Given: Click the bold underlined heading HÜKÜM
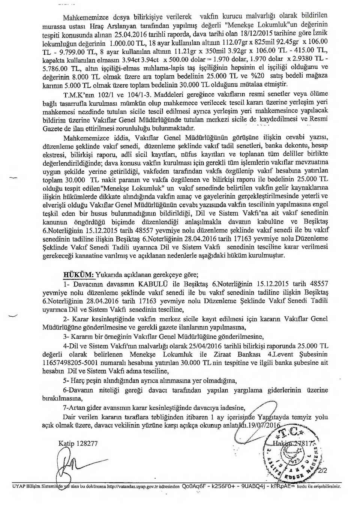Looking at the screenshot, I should [78, 274].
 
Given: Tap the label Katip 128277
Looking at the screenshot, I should [78, 443].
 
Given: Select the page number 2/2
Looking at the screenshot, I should [323, 470].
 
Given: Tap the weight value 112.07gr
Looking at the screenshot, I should [235, 42].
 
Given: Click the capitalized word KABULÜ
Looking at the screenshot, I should [153, 284].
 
